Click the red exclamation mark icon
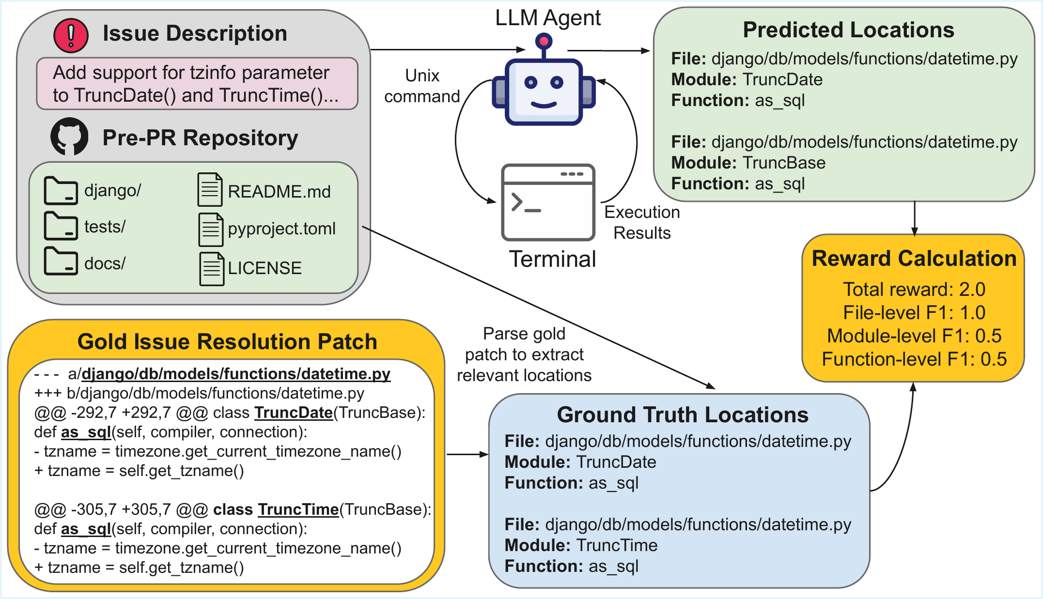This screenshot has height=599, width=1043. (x=71, y=35)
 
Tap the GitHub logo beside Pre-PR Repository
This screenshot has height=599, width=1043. (x=69, y=137)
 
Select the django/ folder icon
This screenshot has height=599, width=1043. (x=61, y=191)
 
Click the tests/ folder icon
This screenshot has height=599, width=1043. (x=61, y=226)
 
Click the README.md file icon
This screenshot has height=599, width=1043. (x=210, y=190)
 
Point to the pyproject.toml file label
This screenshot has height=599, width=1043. (x=281, y=229)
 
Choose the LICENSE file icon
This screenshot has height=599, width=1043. (x=212, y=269)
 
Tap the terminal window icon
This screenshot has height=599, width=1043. (x=548, y=202)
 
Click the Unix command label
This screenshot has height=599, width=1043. (x=422, y=86)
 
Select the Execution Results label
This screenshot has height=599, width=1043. (x=642, y=222)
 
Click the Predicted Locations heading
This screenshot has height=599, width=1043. (x=848, y=30)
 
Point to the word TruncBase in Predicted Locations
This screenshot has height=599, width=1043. (x=784, y=163)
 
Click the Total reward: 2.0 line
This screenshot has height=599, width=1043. (x=914, y=289)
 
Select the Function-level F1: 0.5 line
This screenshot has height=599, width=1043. (x=914, y=359)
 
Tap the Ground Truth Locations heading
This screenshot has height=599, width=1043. (x=682, y=415)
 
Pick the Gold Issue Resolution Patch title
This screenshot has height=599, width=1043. (x=227, y=342)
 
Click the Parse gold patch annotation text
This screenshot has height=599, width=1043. (x=524, y=354)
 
